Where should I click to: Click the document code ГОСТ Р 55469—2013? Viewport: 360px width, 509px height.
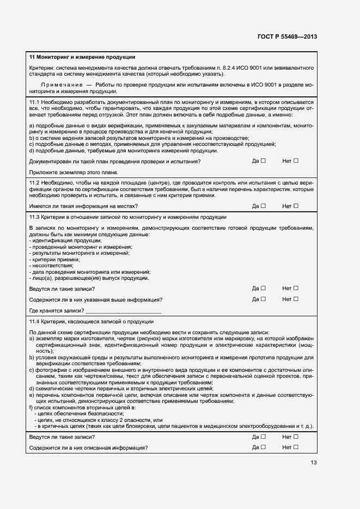tap(288, 36)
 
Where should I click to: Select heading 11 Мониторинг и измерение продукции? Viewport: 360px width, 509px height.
tap(82, 57)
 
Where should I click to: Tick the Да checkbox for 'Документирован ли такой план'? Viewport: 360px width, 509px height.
tap(263, 161)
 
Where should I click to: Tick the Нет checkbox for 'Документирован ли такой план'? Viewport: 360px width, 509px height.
tap(296, 161)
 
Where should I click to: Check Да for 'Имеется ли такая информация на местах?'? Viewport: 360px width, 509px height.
tap(263, 206)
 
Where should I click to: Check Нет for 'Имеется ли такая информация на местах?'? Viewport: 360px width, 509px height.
tap(296, 206)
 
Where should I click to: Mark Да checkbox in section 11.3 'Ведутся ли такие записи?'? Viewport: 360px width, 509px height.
tap(263, 288)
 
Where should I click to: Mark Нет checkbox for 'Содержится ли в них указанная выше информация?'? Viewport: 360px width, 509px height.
tap(296, 299)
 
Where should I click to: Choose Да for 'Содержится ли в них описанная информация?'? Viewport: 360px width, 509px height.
tap(263, 447)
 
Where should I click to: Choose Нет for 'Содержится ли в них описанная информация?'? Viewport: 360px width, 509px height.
tap(296, 447)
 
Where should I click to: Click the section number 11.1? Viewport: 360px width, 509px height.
tap(34, 102)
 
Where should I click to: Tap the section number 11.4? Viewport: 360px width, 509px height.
tap(34, 321)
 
